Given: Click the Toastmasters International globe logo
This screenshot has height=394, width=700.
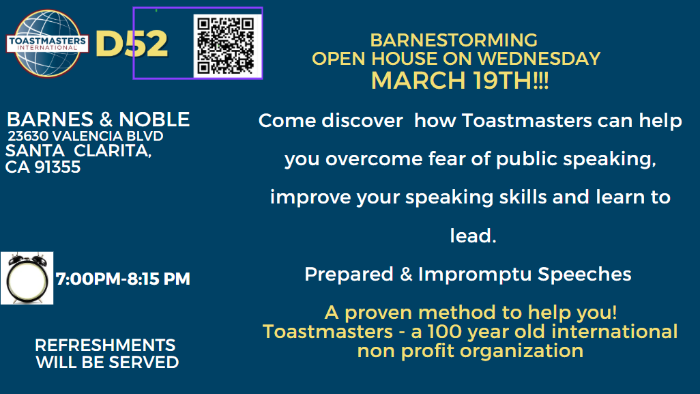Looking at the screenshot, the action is point(47,43).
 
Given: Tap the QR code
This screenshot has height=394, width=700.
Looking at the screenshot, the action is point(227,46).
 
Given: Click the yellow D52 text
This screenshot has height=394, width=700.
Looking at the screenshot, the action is point(132,44).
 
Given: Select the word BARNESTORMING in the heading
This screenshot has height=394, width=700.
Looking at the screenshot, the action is point(454,40).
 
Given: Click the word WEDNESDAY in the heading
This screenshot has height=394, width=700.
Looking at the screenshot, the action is point(539,59).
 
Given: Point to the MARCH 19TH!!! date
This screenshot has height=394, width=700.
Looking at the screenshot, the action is point(460,81).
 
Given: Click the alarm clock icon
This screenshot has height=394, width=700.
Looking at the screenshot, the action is point(27,278).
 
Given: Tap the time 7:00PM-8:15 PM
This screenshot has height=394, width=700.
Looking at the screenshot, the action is point(123,279).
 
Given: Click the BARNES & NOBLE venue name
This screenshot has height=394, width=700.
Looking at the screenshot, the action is point(98,119).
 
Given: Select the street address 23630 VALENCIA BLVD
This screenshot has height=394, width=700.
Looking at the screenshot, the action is point(85,136).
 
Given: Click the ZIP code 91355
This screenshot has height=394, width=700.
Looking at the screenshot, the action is point(57,167).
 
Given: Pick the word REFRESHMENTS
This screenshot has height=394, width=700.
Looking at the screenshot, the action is point(105,345).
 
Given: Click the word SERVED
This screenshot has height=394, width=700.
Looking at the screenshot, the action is point(144,363).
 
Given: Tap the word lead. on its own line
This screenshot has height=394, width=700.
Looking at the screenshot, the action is point(473,236).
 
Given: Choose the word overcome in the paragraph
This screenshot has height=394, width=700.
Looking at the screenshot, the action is point(374,159).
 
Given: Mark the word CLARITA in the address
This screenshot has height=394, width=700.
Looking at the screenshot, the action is point(113,151).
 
